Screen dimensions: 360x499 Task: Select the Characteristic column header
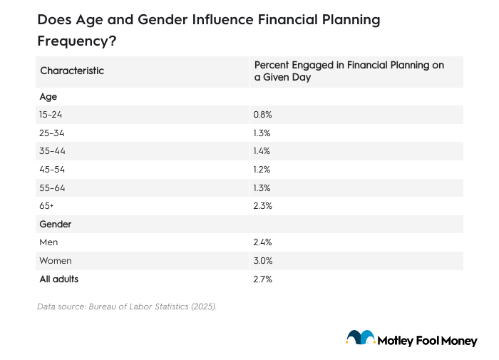pyautogui.click(x=72, y=71)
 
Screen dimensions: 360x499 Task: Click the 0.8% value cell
pyautogui.click(x=262, y=114)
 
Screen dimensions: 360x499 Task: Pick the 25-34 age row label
pyautogui.click(x=52, y=133)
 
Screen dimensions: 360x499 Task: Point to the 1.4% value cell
pyautogui.click(x=262, y=151)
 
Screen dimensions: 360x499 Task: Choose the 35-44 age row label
pyautogui.click(x=52, y=151)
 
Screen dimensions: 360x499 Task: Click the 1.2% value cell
pyautogui.click(x=262, y=169)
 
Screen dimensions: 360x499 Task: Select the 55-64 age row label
pyautogui.click(x=52, y=187)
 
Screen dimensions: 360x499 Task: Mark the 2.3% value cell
pyautogui.click(x=262, y=206)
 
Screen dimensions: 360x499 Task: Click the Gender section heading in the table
pyautogui.click(x=56, y=224)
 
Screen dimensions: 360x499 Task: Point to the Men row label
pyautogui.click(x=49, y=242)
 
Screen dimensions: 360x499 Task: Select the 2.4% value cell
pyautogui.click(x=262, y=242)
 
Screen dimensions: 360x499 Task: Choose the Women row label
pyautogui.click(x=56, y=261)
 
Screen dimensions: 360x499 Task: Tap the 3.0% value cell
pyautogui.click(x=262, y=261)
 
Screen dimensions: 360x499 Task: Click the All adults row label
pyautogui.click(x=59, y=279)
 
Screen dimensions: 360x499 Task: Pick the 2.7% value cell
pyautogui.click(x=262, y=279)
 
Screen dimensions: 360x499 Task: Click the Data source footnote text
pyautogui.click(x=126, y=307)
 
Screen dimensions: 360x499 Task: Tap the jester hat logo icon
pyautogui.click(x=361, y=338)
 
